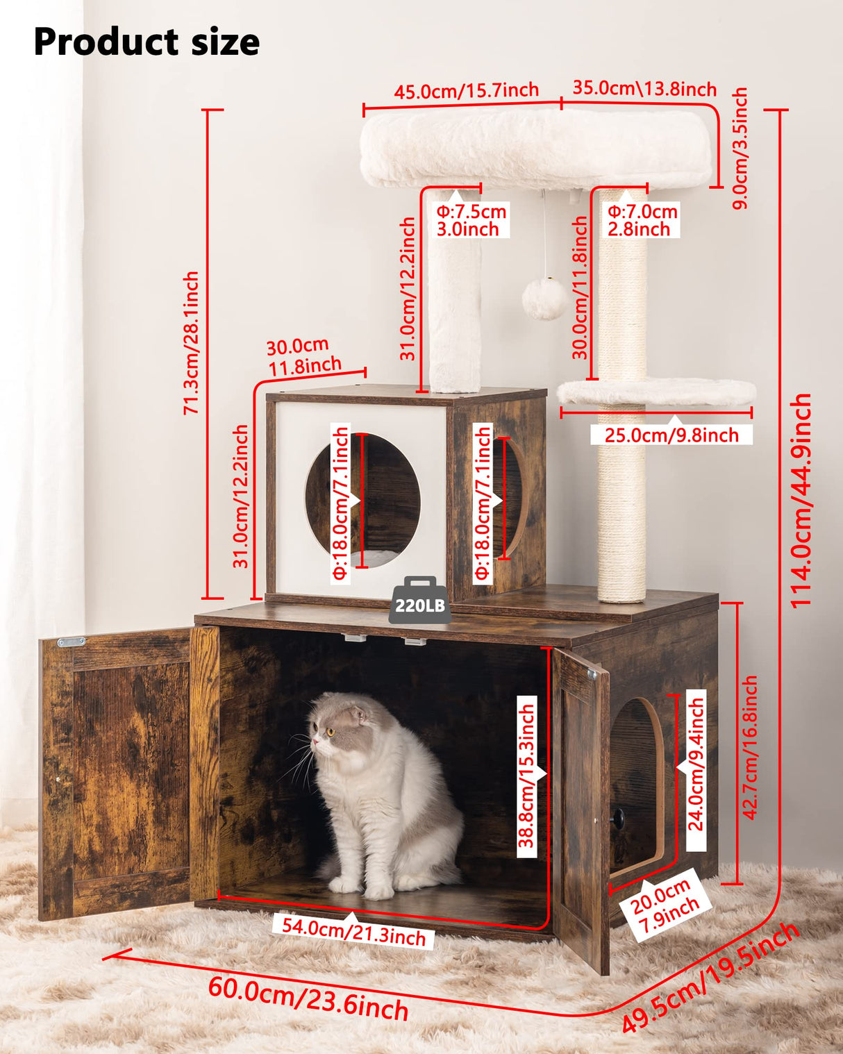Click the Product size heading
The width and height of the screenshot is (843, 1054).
point(147,42)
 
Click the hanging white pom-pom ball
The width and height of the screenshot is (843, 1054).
point(544,299)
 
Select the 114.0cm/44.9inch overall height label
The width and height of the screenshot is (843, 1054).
point(801,500)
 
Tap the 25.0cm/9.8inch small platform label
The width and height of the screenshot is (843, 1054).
point(671,435)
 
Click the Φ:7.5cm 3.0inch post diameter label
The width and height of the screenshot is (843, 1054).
point(471,220)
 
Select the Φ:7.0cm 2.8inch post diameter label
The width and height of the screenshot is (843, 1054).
point(642,220)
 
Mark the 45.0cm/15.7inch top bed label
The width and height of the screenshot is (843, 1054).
point(466,91)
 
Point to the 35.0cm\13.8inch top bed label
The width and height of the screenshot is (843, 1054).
point(644,89)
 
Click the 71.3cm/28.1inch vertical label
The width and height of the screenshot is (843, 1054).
point(191,343)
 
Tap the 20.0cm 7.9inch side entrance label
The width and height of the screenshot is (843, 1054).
point(664,906)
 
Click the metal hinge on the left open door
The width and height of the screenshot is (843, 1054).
point(71,642)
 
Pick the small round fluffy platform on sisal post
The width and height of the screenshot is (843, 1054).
point(656,392)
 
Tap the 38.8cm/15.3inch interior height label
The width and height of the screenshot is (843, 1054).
point(528,776)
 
